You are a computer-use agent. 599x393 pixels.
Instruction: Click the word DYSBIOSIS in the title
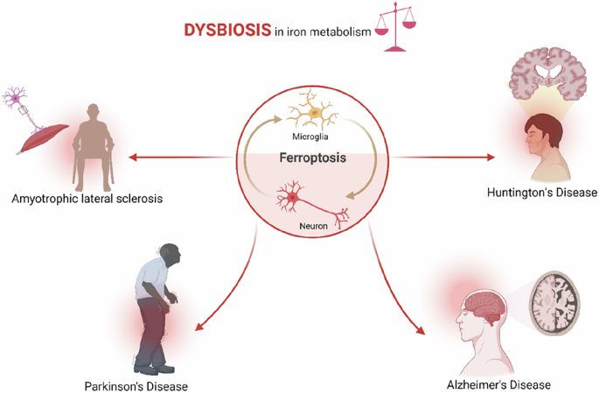[226, 31]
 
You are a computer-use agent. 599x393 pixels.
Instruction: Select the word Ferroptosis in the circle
[312, 159]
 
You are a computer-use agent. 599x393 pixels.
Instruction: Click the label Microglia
[310, 137]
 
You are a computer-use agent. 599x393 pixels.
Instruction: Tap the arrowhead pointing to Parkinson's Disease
[201, 328]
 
